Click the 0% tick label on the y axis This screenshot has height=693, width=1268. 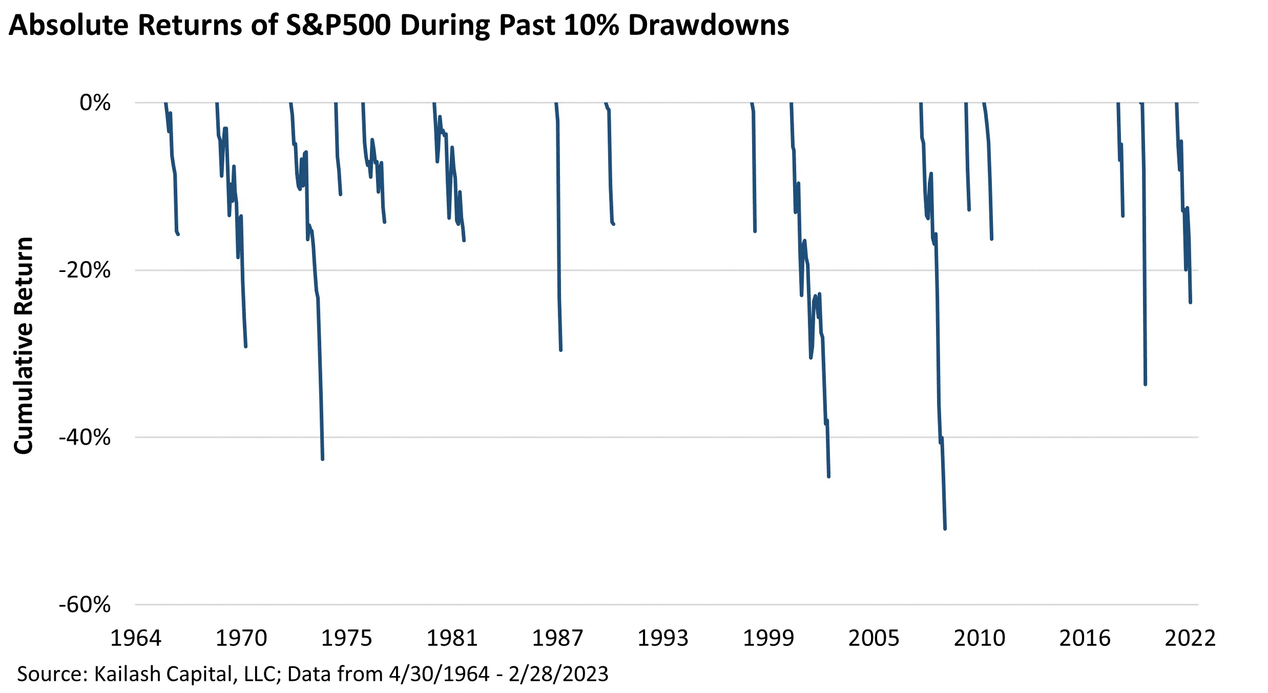click(95, 103)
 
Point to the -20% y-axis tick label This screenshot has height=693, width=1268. click(85, 270)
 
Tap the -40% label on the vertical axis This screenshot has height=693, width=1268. click(85, 437)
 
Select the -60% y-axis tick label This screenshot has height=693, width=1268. click(85, 605)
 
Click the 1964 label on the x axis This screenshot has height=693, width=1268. click(136, 638)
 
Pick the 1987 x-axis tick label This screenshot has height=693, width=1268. click(557, 638)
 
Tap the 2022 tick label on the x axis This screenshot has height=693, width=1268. click(1190, 638)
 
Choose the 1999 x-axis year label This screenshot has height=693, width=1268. click(768, 638)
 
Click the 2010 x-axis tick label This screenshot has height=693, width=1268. click(979, 638)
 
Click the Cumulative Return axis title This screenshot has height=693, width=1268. click(24, 346)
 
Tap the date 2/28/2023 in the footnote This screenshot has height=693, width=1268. click(558, 674)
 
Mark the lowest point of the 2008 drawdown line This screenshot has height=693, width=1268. click(945, 529)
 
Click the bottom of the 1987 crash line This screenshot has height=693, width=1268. click(561, 350)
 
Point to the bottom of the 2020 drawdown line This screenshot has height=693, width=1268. click(1145, 384)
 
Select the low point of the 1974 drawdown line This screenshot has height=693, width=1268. click(322, 459)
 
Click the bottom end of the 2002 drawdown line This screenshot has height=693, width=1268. click(828, 477)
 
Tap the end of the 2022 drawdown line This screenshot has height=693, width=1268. click(1190, 303)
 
